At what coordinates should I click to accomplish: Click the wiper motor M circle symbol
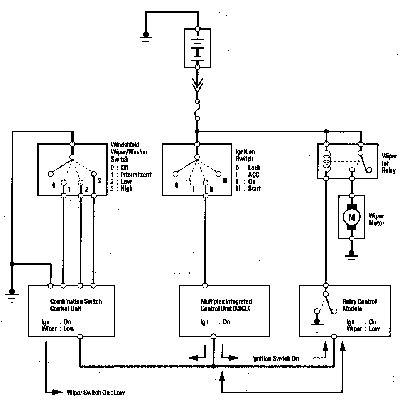coord(352,217)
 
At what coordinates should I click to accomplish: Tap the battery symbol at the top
coord(197,48)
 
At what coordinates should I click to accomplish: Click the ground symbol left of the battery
coord(145,38)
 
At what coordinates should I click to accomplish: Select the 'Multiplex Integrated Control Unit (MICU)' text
coord(226,305)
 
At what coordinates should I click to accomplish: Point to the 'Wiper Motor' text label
coord(376,220)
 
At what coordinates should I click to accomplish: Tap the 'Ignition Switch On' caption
coord(275,358)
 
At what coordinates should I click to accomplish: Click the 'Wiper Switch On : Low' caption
coord(95,392)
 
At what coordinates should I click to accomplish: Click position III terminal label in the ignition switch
coord(225,181)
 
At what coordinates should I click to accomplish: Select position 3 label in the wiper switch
coord(99,181)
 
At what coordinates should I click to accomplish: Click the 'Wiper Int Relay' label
coord(389,163)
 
